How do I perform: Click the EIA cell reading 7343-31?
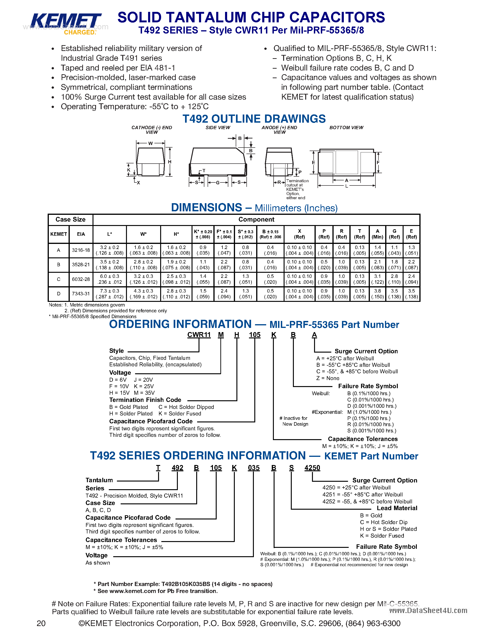(81, 294)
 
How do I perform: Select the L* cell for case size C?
(110, 279)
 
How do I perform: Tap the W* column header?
(143, 234)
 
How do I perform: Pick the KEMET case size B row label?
(59, 265)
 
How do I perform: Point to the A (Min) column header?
(377, 234)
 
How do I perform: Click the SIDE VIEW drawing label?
(218, 128)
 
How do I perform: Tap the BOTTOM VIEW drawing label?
(346, 128)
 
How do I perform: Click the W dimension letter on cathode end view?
(150, 143)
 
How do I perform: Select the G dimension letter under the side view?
(218, 182)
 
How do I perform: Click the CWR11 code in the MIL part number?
(199, 335)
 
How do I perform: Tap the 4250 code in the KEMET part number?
(312, 468)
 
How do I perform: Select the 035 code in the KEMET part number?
(253, 468)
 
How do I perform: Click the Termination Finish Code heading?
(145, 400)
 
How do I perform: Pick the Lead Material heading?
(397, 508)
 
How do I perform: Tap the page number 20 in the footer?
(41, 623)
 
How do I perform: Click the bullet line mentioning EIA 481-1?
(118, 68)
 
